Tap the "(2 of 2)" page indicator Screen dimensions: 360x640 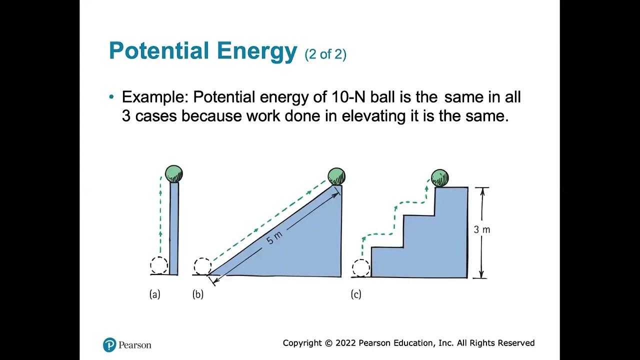[x=325, y=54]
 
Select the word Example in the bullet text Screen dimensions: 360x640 [x=153, y=97]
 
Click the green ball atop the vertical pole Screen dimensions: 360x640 [x=174, y=174]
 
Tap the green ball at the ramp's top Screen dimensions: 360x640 [x=336, y=176]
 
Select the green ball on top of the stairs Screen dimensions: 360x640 [x=440, y=178]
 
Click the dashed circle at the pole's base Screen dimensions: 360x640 [x=159, y=265]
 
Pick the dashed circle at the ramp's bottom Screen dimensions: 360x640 [x=202, y=266]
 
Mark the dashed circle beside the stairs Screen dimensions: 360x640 [x=360, y=267]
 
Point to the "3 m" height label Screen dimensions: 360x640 [x=482, y=230]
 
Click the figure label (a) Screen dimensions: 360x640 [x=155, y=294]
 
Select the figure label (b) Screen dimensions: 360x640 [x=198, y=294]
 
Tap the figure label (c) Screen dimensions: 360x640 [x=356, y=294]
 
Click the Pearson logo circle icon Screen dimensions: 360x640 [x=109, y=344]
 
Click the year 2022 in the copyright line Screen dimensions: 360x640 [x=345, y=343]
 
